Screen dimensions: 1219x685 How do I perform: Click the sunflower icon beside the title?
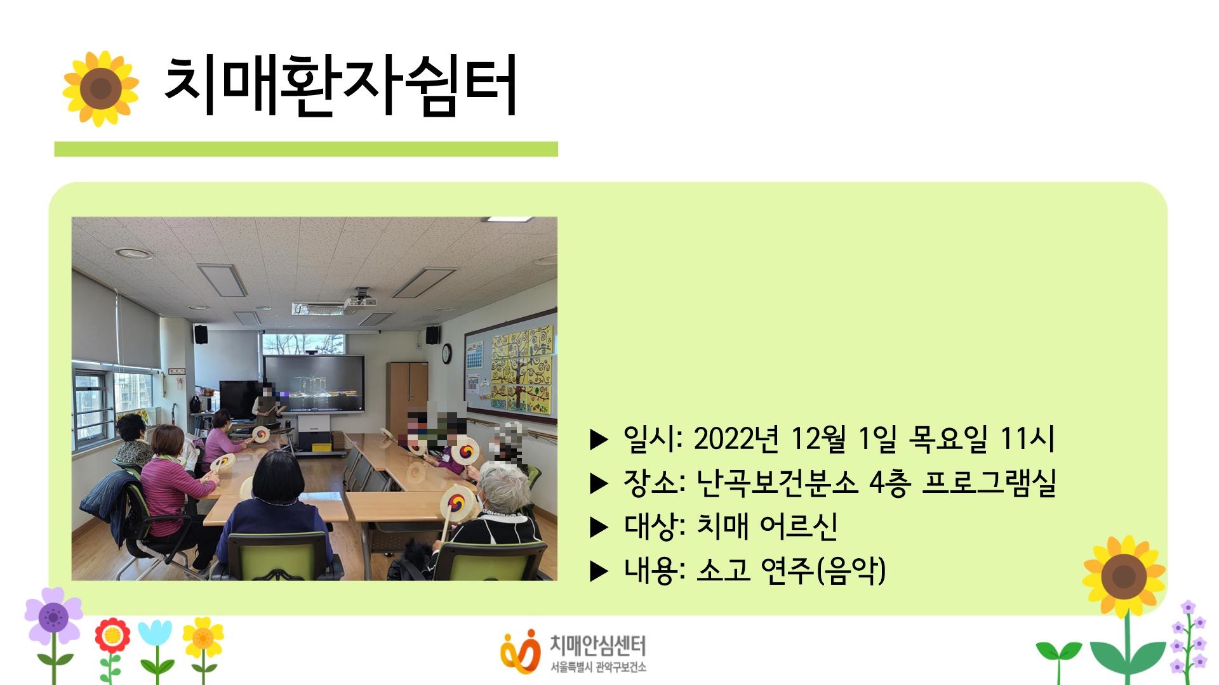click(100, 88)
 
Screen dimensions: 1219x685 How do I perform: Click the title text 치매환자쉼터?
click(340, 87)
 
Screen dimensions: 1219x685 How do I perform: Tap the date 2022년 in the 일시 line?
click(736, 438)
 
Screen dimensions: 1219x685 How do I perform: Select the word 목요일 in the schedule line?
click(948, 438)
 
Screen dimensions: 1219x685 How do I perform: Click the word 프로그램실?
click(989, 483)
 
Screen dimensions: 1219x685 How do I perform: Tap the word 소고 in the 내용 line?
click(723, 570)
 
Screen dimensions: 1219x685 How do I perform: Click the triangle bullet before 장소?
click(599, 484)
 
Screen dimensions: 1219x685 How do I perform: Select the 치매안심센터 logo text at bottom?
click(597, 646)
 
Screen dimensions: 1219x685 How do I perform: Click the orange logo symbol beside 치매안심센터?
click(519, 650)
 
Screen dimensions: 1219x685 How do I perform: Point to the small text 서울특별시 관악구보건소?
click(598, 667)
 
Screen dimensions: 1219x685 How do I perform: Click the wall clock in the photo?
click(446, 354)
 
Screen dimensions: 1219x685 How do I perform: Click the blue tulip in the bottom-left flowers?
click(156, 634)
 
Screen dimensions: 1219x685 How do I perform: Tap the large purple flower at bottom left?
click(53, 616)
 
